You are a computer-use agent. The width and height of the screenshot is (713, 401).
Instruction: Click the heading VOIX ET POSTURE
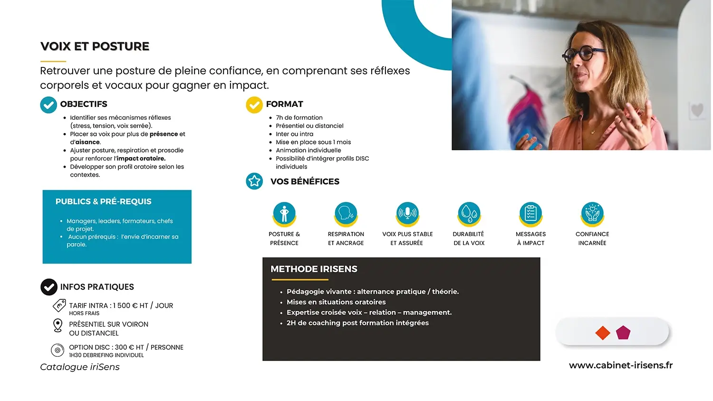tap(95, 47)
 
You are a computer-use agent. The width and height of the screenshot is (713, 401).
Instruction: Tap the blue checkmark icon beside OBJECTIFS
tap(48, 105)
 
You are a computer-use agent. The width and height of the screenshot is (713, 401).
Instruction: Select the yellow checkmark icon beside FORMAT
tap(254, 105)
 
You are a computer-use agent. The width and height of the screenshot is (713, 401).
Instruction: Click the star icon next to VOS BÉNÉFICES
tap(254, 181)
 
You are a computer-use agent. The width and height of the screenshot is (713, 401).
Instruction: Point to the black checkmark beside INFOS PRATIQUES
tap(48, 287)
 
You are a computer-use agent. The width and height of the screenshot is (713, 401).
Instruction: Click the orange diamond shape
tap(603, 333)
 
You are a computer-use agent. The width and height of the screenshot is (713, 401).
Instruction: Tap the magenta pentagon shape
tap(623, 333)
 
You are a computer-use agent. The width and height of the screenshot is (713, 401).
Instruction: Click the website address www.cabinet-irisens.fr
tap(621, 365)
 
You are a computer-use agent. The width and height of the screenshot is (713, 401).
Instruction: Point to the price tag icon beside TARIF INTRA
tap(59, 306)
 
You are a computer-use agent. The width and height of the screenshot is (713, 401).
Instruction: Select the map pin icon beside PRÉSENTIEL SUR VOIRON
tap(58, 325)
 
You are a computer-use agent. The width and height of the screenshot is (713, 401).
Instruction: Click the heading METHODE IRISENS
tap(314, 269)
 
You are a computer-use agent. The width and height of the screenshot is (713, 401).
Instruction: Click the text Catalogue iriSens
tap(80, 367)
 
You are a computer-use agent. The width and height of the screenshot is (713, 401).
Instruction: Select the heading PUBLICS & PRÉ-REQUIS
tap(104, 201)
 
